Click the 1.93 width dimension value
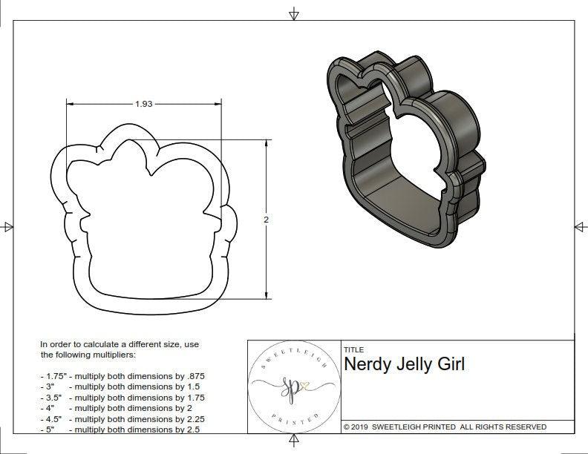point(143,104)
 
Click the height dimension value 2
point(266,220)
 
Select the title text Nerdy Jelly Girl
point(404,365)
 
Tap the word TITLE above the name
point(353,349)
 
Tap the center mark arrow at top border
point(294,13)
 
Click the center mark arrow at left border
point(8,226)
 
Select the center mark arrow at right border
point(579,226)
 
